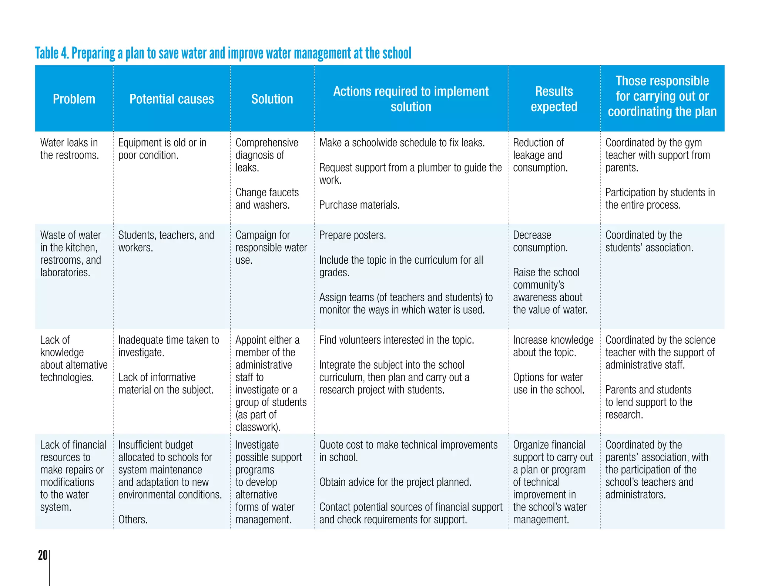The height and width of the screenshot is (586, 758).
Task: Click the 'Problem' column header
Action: (x=74, y=99)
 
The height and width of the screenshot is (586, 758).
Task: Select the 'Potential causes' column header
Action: (x=171, y=99)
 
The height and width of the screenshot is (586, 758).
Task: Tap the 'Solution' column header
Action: (x=272, y=99)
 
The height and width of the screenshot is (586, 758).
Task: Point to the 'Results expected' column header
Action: (x=554, y=99)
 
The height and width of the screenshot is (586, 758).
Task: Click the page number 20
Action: (x=43, y=555)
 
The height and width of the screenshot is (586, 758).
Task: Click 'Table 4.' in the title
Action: (x=52, y=53)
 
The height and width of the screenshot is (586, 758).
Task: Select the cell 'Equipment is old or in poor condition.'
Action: (x=162, y=149)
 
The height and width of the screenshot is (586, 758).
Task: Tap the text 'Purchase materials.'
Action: (x=359, y=205)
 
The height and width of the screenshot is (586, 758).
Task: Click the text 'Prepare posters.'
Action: (x=352, y=235)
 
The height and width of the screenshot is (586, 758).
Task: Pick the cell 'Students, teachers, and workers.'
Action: (x=166, y=241)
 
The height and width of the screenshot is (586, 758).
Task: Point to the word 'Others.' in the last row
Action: (x=133, y=519)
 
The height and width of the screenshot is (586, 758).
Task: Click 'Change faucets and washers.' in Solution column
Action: (x=267, y=199)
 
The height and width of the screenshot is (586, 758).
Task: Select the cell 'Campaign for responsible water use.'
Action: (x=271, y=247)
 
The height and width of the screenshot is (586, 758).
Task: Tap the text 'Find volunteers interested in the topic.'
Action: (x=396, y=340)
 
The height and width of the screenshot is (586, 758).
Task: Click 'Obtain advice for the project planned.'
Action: (x=395, y=482)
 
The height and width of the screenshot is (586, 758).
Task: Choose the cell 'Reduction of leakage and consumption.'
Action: (x=540, y=155)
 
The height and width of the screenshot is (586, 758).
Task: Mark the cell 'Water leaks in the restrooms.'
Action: (x=69, y=149)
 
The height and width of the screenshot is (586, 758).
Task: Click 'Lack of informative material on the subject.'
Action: (x=166, y=383)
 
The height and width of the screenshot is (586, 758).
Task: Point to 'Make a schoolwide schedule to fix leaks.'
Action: (x=402, y=143)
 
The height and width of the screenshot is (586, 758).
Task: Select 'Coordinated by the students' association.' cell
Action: (x=649, y=241)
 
